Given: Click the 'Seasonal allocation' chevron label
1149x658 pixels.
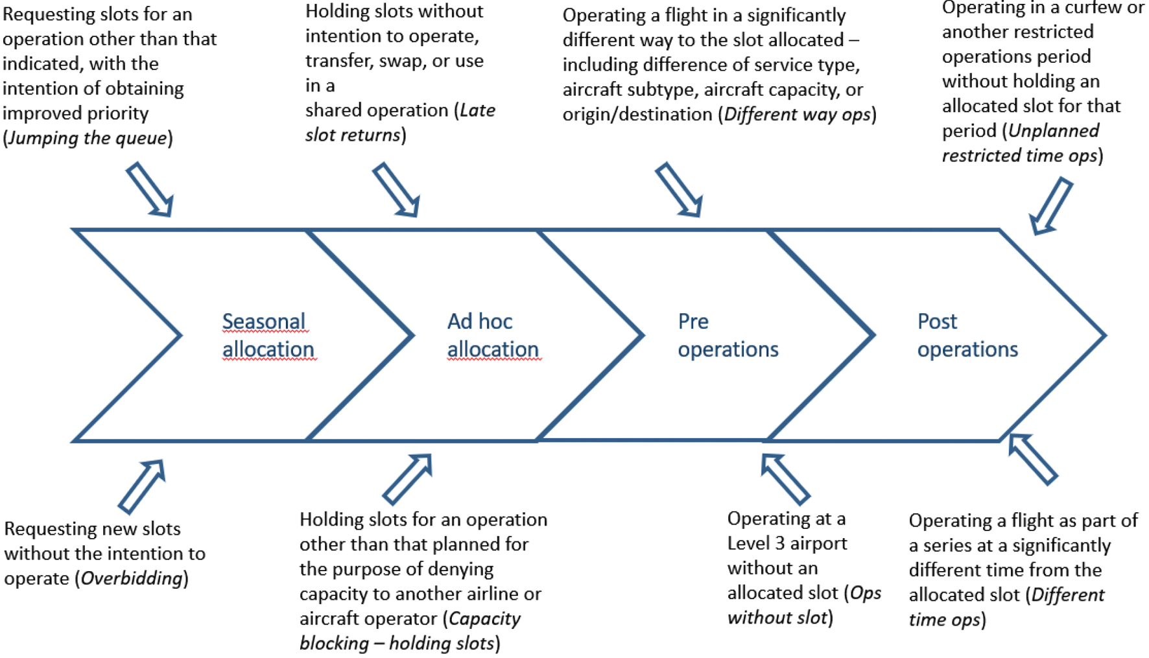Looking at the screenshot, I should (x=268, y=335).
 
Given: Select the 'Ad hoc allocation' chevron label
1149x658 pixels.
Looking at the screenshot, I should (x=493, y=335).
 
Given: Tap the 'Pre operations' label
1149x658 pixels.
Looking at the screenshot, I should (x=728, y=335).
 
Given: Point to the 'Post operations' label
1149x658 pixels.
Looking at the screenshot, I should (x=967, y=335).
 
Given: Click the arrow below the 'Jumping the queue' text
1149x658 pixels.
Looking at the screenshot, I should (x=150, y=189).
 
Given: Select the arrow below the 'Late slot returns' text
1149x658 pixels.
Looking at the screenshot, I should (x=396, y=189).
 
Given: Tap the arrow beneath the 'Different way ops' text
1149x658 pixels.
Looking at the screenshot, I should (x=679, y=189).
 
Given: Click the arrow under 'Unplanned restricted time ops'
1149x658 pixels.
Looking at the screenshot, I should (x=1051, y=206).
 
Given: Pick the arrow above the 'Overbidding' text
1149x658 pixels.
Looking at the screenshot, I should (x=142, y=486).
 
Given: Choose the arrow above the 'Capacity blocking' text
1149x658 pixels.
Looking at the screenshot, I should (x=407, y=479).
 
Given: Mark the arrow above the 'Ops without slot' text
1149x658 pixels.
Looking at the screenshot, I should (x=785, y=479).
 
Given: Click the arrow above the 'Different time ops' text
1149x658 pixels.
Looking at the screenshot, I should (x=1033, y=459).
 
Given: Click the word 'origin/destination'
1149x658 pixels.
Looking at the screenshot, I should (x=637, y=115).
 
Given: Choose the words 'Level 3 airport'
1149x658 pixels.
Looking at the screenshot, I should (x=787, y=543).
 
